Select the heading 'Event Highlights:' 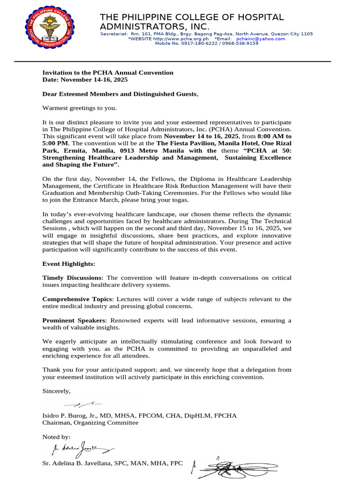tap(68, 264)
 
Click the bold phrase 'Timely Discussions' tap(71, 278)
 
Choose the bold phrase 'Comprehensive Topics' tap(77, 299)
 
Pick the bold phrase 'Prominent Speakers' tap(74, 320)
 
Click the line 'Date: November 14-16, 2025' tap(85, 80)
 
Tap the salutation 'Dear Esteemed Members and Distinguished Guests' tap(120, 94)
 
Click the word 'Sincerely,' tap(57, 390)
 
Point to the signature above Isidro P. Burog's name tap(84, 404)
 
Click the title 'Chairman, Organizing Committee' tap(90, 423)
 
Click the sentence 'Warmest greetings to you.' tap(80, 108)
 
